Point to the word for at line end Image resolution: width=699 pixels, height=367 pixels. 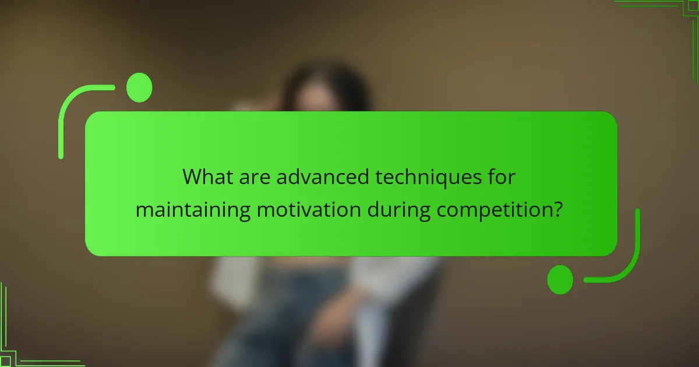(502, 177)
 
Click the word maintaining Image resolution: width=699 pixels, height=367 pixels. (192, 210)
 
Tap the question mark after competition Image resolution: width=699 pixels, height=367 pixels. (557, 210)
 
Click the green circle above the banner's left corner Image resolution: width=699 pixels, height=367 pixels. (139, 88)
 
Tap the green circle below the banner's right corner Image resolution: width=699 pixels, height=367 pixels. (560, 280)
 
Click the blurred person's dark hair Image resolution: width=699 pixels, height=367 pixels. (326, 87)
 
